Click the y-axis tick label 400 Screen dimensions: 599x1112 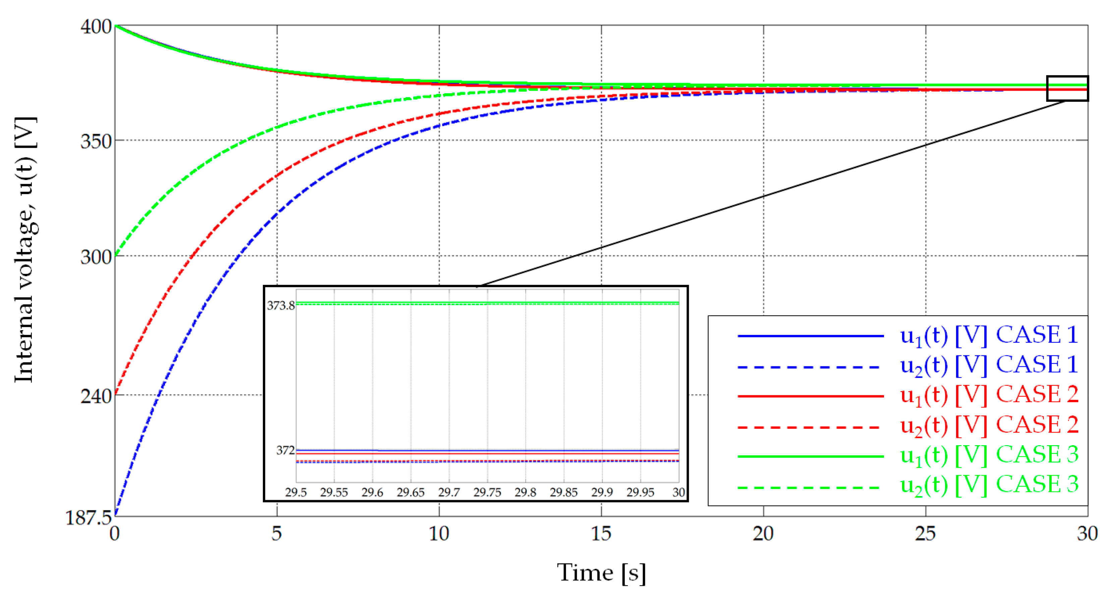pos(96,27)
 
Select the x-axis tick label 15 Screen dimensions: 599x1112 pos(601,534)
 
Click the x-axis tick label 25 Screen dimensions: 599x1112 pos(925,534)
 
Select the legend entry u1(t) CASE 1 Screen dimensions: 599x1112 pos(989,335)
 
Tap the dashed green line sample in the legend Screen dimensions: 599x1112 pos(810,488)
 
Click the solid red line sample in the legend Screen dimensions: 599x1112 pos(810,396)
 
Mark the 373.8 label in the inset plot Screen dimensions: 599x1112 pos(281,306)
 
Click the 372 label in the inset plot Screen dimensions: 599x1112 pos(285,451)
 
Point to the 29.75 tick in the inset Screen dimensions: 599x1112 pos(487,492)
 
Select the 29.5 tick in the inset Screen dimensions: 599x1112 pos(296,492)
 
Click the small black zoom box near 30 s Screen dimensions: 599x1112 pos(1067,88)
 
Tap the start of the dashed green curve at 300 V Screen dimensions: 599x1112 pos(116,255)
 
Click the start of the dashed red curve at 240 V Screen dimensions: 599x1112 pos(116,394)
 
